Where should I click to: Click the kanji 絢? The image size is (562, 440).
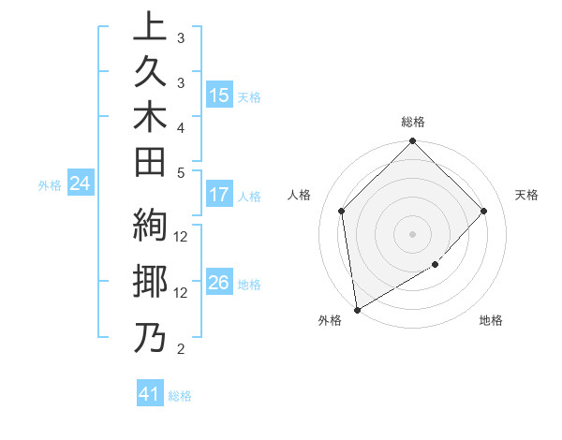coord(150,228)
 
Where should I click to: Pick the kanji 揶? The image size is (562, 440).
coord(150,284)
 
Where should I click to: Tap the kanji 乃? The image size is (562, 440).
coord(150,338)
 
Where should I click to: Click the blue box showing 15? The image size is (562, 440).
coord(219,95)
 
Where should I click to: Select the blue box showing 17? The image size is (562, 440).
coord(219,195)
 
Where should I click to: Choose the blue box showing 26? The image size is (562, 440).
coord(219,283)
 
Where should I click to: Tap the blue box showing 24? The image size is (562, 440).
coord(81,183)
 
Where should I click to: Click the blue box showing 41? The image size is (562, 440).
coord(150,394)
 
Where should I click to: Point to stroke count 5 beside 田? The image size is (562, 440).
coord(181,172)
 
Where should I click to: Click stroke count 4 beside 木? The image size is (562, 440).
coord(181,126)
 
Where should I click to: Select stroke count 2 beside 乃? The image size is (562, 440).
coord(181,349)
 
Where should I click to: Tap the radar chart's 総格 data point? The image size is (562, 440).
coord(413,142)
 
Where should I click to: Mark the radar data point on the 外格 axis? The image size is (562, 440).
coord(357,309)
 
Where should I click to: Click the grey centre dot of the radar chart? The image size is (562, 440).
coord(413,233)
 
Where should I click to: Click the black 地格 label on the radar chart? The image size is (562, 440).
coord(491,321)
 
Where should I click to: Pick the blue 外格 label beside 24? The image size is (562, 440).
coord(50,185)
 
